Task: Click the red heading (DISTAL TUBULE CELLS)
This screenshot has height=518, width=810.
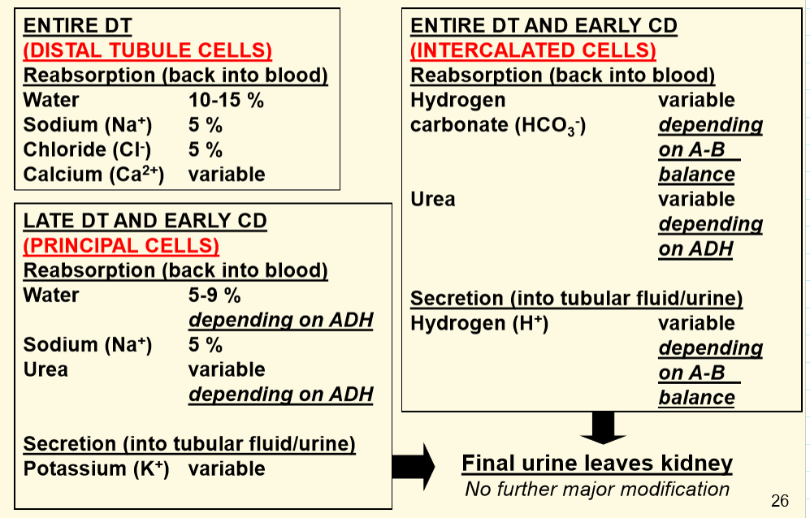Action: click(x=148, y=50)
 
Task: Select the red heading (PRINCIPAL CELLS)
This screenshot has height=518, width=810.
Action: click(x=121, y=246)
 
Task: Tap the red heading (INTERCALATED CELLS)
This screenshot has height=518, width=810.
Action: click(x=533, y=50)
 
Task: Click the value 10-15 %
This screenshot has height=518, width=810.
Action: click(x=226, y=100)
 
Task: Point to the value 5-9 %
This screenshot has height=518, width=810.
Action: click(x=214, y=295)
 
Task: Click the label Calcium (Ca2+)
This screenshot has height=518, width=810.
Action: click(x=93, y=174)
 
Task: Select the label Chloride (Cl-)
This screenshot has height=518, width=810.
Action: click(x=87, y=149)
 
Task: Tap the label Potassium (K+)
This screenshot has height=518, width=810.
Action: click(x=96, y=468)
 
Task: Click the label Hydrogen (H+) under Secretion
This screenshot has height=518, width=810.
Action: click(x=479, y=323)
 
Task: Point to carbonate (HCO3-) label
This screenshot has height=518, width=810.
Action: click(x=498, y=126)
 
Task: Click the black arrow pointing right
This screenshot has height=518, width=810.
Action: click(x=414, y=466)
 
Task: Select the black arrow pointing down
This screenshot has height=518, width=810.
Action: click(x=603, y=428)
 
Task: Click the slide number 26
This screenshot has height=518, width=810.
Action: click(x=780, y=500)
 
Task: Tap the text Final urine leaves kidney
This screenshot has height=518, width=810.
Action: click(x=597, y=464)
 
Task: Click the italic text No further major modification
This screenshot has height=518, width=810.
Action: click(x=597, y=489)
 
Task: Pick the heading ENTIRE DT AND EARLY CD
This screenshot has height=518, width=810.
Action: click(x=544, y=26)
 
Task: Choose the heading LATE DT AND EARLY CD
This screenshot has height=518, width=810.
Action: click(x=145, y=221)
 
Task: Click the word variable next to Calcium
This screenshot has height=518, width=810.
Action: click(x=227, y=174)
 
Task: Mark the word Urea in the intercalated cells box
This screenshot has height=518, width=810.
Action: click(x=433, y=199)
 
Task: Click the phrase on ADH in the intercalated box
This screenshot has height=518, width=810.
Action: click(x=695, y=249)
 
